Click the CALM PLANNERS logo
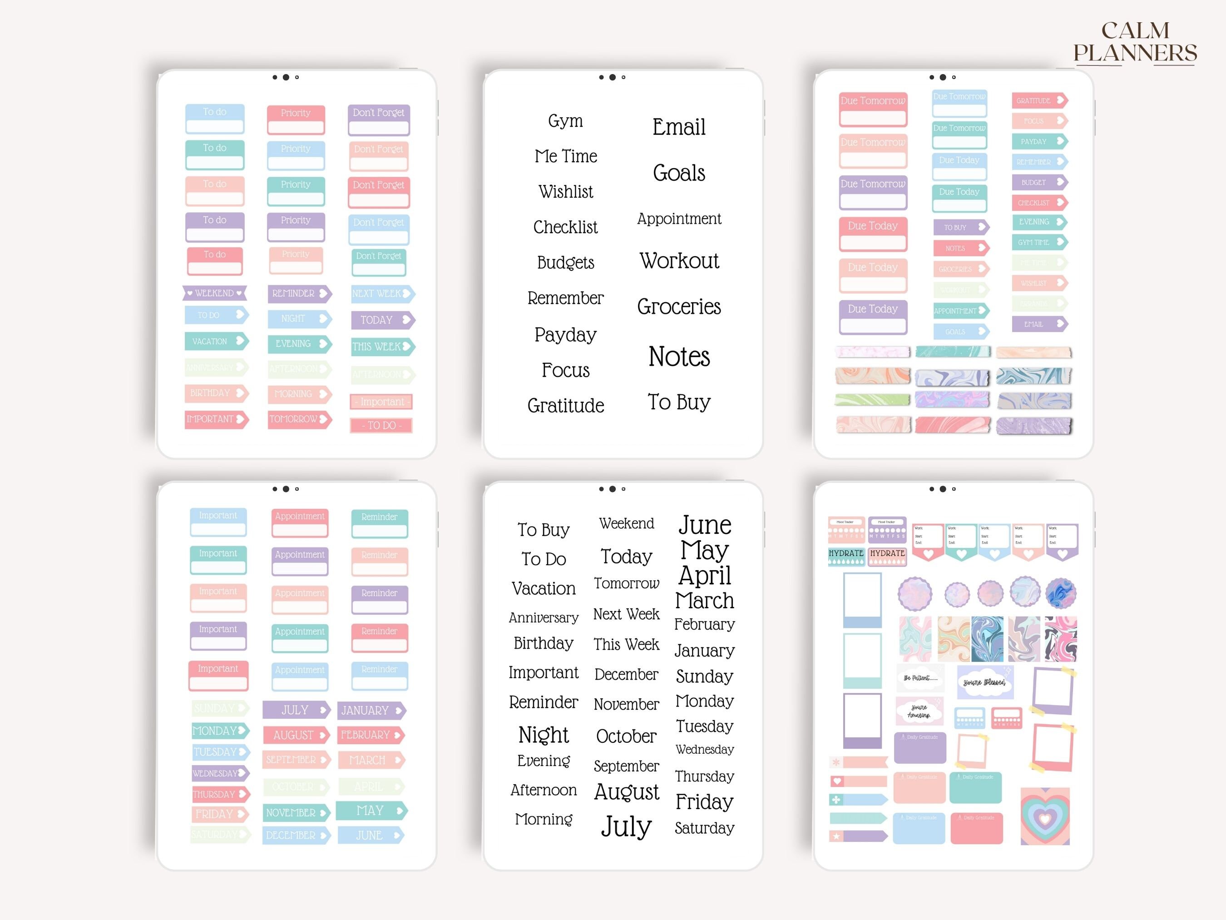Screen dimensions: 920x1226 tap(1135, 42)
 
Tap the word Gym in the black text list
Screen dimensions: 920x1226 tap(565, 121)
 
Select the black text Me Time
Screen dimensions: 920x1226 tap(565, 156)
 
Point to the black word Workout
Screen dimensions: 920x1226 tap(679, 261)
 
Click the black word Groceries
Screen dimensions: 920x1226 tap(679, 307)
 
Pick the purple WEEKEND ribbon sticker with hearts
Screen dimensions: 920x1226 tap(214, 293)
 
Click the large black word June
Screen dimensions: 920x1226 tap(704, 525)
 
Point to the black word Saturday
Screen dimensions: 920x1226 tap(704, 828)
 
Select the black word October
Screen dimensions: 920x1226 tap(626, 736)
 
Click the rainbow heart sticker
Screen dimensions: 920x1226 tap(1045, 817)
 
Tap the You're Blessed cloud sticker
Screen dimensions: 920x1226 tap(984, 682)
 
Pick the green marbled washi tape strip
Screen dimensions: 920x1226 tap(872, 400)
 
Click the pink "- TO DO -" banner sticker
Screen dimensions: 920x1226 tap(381, 425)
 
